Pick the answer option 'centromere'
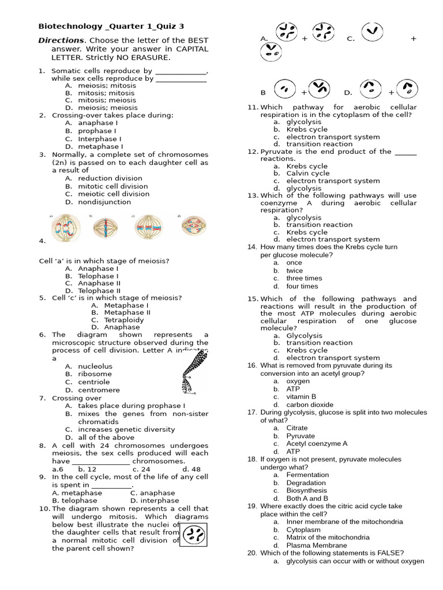99,390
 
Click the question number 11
252,107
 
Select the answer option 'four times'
302,286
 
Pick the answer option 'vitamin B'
301,397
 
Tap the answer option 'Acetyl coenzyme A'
317,444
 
